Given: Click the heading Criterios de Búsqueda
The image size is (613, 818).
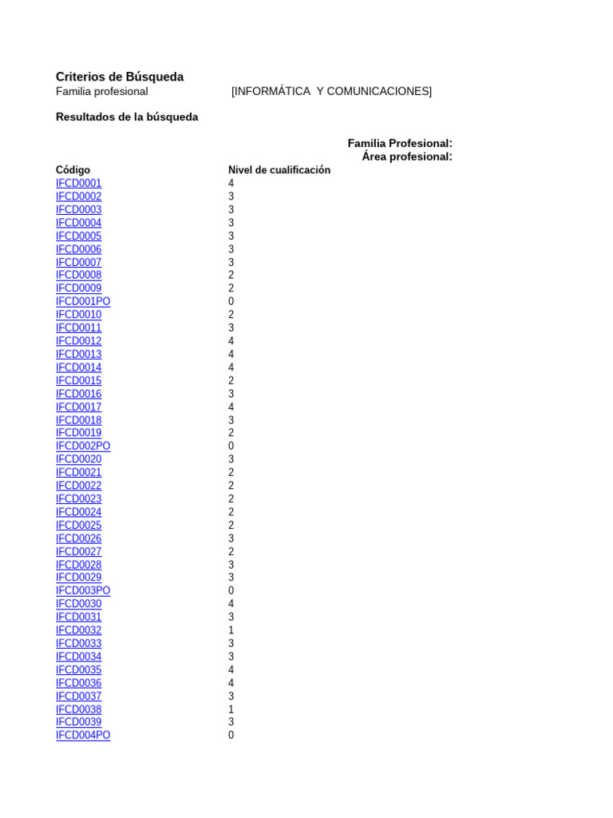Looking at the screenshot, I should pyautogui.click(x=120, y=77).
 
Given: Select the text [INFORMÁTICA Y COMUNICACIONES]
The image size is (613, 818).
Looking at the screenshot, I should pyautogui.click(x=331, y=91).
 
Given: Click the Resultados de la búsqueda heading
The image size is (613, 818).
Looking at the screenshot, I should pyautogui.click(x=127, y=117).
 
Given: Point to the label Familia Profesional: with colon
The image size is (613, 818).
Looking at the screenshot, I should pyautogui.click(x=400, y=143).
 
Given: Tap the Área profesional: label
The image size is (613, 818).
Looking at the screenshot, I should pyautogui.click(x=407, y=157).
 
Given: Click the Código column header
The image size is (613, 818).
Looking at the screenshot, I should pyautogui.click(x=73, y=170).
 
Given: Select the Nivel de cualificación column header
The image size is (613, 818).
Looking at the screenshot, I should pyautogui.click(x=279, y=170).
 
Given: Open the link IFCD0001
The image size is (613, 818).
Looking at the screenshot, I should pyautogui.click(x=79, y=183).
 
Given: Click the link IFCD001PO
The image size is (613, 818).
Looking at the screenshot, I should pyautogui.click(x=83, y=301).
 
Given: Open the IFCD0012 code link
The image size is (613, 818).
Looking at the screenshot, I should pyautogui.click(x=79, y=341).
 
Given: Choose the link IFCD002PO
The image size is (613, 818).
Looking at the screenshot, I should pyautogui.click(x=83, y=446).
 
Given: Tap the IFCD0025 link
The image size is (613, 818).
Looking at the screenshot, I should pyautogui.click(x=79, y=526).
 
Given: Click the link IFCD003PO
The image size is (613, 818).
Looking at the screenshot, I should pyautogui.click(x=83, y=591).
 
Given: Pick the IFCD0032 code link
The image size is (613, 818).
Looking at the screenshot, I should pyautogui.click(x=79, y=630).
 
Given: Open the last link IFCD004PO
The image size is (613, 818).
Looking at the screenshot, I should pyautogui.click(x=83, y=736).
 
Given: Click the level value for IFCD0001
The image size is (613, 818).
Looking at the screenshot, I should pyautogui.click(x=231, y=183).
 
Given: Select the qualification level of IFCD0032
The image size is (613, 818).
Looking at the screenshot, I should pyautogui.click(x=231, y=630).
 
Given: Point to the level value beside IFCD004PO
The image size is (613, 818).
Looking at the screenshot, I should pyautogui.click(x=231, y=736).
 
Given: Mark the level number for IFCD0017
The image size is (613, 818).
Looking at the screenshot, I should pyautogui.click(x=231, y=407).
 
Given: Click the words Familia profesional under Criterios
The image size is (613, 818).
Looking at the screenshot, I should pyautogui.click(x=102, y=91).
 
